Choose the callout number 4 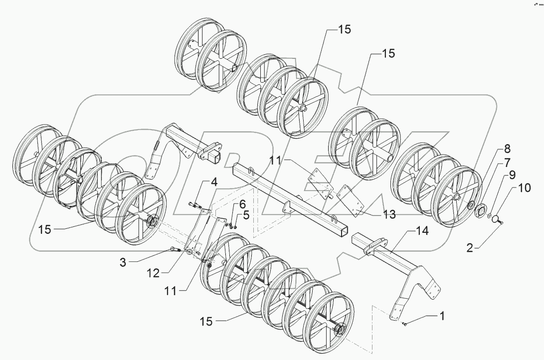coord(213,182)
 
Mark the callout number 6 coord(242,203)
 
